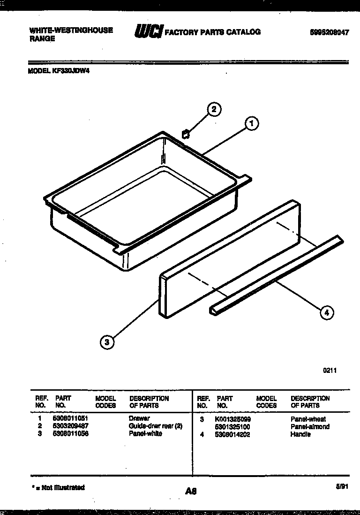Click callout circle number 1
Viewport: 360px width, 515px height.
point(252,123)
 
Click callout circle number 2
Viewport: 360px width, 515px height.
point(214,110)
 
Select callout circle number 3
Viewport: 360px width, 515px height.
point(107,342)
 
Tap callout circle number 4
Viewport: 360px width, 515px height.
point(327,312)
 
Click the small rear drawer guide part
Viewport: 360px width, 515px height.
point(186,134)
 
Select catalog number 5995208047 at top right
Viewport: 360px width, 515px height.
point(330,33)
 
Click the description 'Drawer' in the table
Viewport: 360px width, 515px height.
point(139,418)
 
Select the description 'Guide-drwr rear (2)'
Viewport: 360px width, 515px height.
point(155,426)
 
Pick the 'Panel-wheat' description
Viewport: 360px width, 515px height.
point(308,419)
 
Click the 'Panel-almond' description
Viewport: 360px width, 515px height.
point(310,427)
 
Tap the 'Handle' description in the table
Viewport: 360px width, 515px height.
point(300,434)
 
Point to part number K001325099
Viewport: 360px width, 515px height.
point(233,419)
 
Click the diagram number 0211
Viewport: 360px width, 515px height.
point(330,370)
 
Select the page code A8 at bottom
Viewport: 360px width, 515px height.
point(190,492)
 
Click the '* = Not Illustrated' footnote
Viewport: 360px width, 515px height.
point(58,488)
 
